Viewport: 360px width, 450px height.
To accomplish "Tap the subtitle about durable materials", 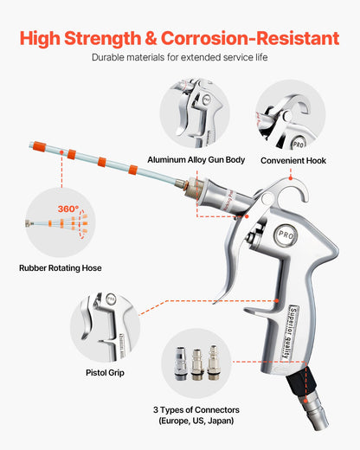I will coord(179,58).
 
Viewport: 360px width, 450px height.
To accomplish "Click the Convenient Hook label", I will coord(292,160).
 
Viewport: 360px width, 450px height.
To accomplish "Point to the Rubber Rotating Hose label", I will coord(61,268).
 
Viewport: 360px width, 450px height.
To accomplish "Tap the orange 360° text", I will coord(67,209).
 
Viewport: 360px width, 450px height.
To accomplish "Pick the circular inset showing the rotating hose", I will coord(61,223).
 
